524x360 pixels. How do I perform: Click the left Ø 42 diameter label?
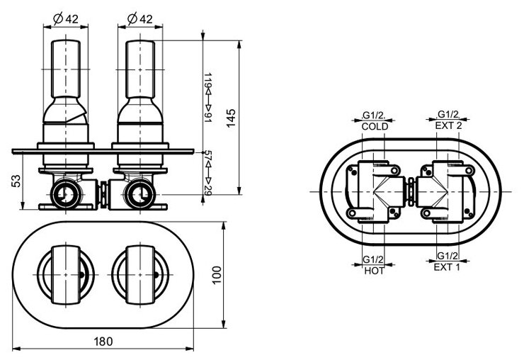(67, 18)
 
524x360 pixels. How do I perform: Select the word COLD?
(373, 126)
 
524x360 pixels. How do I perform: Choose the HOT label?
(372, 270)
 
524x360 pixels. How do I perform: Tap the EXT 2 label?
(449, 126)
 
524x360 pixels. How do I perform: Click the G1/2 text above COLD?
(373, 115)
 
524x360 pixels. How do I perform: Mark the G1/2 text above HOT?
(372, 258)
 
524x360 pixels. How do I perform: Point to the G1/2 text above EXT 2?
(449, 115)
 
